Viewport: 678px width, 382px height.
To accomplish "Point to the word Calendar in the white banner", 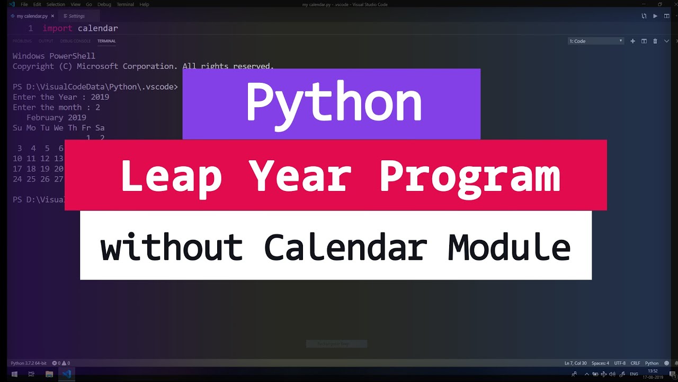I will click(x=345, y=247).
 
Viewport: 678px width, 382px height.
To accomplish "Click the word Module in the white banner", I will click(x=509, y=247).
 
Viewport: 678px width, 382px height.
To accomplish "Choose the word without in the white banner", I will click(x=172, y=247).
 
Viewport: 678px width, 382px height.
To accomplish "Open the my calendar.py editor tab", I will click(x=32, y=16).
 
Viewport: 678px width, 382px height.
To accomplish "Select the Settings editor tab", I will click(x=76, y=16).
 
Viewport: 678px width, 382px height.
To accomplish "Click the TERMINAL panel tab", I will click(x=106, y=41).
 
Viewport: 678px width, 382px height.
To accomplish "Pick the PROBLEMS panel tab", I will click(x=22, y=41).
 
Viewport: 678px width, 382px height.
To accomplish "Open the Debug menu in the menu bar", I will click(x=104, y=4).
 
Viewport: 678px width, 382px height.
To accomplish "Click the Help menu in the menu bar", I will click(x=144, y=4).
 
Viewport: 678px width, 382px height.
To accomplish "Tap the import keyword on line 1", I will click(x=57, y=28).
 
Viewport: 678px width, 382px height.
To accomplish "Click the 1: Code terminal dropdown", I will click(x=596, y=41).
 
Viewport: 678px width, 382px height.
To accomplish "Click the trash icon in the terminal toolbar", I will click(x=655, y=41).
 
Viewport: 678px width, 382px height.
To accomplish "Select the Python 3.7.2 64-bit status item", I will click(x=28, y=363).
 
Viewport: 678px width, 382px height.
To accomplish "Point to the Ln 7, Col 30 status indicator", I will click(x=575, y=363).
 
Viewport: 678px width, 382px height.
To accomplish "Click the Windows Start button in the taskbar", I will click(x=14, y=374).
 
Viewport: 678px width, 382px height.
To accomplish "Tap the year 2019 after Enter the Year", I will click(x=100, y=97).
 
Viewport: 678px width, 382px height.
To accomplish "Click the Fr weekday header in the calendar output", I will click(x=86, y=128).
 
